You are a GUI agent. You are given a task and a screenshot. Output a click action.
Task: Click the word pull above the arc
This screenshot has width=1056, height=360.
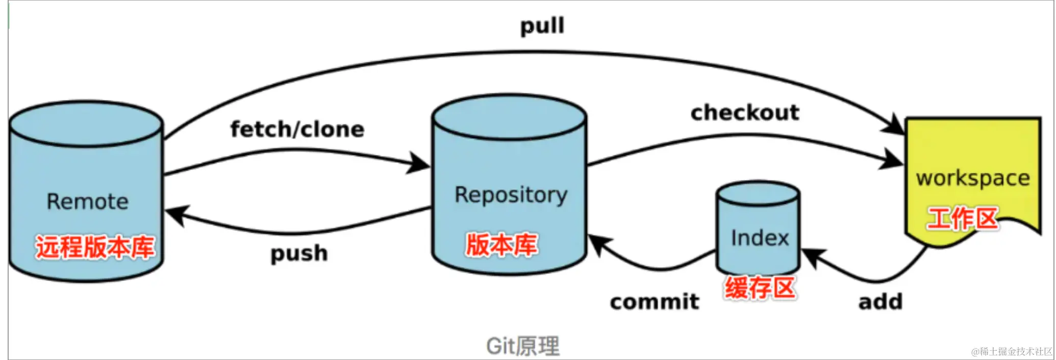pyautogui.click(x=542, y=25)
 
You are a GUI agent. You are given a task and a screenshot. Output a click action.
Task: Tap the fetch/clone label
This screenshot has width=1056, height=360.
pyautogui.click(x=297, y=129)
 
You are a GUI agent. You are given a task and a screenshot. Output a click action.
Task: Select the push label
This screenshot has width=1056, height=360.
pyautogui.click(x=299, y=253)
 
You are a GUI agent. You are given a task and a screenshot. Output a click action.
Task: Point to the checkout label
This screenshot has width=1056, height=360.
pyautogui.click(x=745, y=112)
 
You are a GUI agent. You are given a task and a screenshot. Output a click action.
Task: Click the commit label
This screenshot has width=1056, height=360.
pyautogui.click(x=655, y=301)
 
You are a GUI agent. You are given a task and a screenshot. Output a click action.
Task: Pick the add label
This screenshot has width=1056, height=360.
pyautogui.click(x=881, y=301)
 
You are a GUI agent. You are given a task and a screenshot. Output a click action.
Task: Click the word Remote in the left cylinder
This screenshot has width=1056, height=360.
pyautogui.click(x=87, y=201)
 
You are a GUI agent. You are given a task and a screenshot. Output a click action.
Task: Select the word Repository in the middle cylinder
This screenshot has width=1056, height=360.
pyautogui.click(x=511, y=195)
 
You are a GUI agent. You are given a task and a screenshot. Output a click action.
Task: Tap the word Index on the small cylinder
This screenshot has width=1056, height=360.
pyautogui.click(x=760, y=238)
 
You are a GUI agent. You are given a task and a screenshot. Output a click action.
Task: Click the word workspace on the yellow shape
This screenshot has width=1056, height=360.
pyautogui.click(x=973, y=178)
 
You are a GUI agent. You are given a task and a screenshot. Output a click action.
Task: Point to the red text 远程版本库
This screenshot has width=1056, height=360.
pyautogui.click(x=95, y=247)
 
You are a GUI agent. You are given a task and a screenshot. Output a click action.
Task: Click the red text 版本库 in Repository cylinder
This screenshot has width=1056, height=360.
pyautogui.click(x=501, y=244)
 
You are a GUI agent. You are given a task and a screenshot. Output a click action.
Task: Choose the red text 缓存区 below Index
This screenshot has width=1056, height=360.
pyautogui.click(x=760, y=288)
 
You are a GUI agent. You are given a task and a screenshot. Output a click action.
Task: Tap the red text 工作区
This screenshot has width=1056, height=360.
pyautogui.click(x=962, y=218)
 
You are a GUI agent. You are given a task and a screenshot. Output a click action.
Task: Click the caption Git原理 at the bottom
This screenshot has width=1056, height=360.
pyautogui.click(x=522, y=346)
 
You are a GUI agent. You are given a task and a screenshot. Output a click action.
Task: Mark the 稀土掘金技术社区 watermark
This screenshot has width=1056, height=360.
pyautogui.click(x=1012, y=351)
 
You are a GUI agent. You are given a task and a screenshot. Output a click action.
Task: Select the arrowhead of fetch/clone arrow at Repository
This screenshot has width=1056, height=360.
pyautogui.click(x=419, y=164)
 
